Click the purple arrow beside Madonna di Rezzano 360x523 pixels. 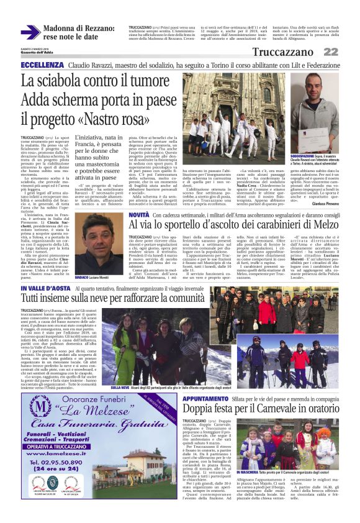click(30, 32)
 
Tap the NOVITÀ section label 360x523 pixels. click(138, 215)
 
